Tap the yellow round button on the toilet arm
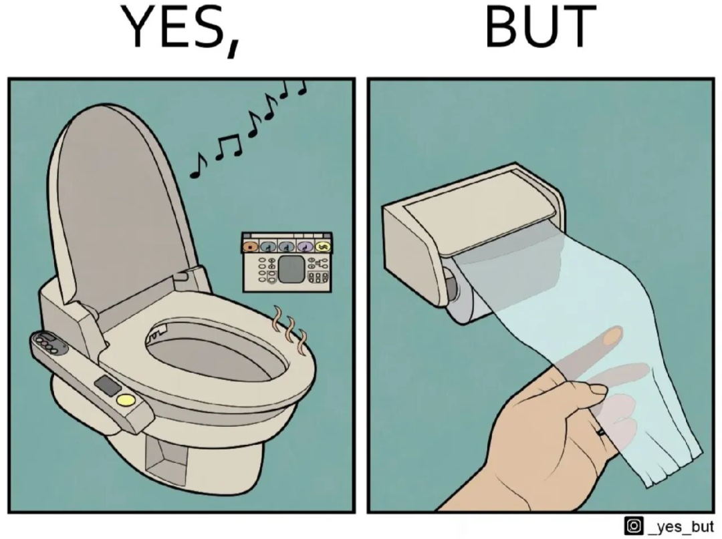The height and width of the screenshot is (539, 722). [x=126, y=400]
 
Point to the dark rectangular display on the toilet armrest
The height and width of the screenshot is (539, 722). [x=108, y=385]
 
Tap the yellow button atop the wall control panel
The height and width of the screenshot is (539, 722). [x=323, y=247]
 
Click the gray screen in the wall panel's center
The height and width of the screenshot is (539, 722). [x=291, y=269]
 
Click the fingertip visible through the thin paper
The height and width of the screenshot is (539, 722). [x=612, y=337]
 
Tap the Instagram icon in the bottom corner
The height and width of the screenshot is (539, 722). [x=633, y=525]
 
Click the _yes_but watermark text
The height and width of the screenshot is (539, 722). [x=681, y=526]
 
